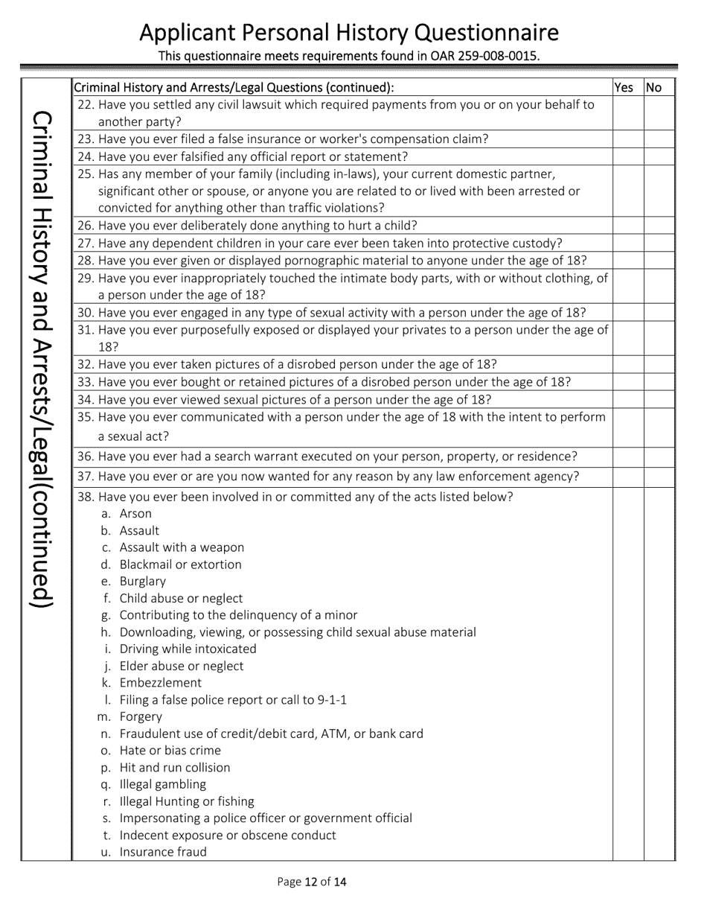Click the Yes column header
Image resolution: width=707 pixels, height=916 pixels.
pos(624,87)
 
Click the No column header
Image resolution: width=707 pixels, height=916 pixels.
pos(654,87)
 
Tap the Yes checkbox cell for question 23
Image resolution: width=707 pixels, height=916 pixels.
pos(628,139)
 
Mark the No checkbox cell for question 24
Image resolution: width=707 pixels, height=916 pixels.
pos(659,156)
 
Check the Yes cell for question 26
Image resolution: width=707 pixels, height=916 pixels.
pos(628,226)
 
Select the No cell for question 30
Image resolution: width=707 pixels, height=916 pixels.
pos(659,313)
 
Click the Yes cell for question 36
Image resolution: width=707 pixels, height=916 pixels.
pos(628,457)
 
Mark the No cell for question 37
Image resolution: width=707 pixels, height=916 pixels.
pos(659,477)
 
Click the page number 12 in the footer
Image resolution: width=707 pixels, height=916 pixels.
pos(311,882)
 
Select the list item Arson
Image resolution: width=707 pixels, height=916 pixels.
pos(135,514)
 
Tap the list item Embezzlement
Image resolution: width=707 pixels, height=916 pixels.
pos(160,683)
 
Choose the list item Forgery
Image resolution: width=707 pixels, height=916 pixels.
pos(141,717)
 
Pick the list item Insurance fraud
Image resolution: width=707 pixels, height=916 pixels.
pos(163,852)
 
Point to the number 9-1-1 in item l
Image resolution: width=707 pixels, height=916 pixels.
pos(332,700)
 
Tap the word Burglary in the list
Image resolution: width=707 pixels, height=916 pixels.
pos(143,582)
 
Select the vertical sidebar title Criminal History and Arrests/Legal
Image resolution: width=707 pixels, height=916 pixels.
pos(45,357)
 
